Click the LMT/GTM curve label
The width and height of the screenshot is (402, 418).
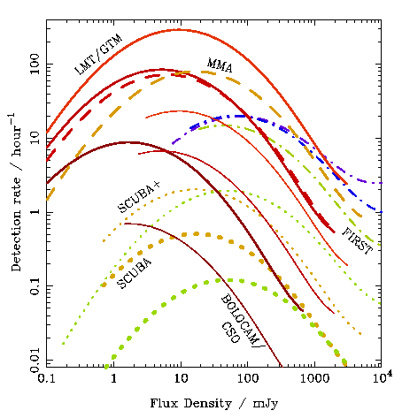click(98, 55)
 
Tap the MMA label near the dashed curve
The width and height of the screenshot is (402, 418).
click(220, 65)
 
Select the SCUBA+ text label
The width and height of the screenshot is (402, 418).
click(139, 196)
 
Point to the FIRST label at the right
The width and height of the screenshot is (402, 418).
click(358, 241)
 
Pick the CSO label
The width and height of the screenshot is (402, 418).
click(230, 332)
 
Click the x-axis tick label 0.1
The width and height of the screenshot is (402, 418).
click(46, 378)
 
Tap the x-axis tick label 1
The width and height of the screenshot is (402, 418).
click(114, 378)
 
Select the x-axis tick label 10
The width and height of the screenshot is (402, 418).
click(181, 378)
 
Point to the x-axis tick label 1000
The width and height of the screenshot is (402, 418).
click(315, 378)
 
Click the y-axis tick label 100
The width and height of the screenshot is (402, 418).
click(35, 64)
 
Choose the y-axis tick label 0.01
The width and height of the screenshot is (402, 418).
click(35, 361)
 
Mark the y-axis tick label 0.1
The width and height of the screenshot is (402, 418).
click(35, 286)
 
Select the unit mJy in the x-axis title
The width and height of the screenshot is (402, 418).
click(266, 404)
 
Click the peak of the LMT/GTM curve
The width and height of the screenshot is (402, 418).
click(179, 30)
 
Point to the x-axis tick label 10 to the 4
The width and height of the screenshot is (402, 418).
click(383, 377)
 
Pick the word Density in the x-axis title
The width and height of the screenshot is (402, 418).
click(208, 404)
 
